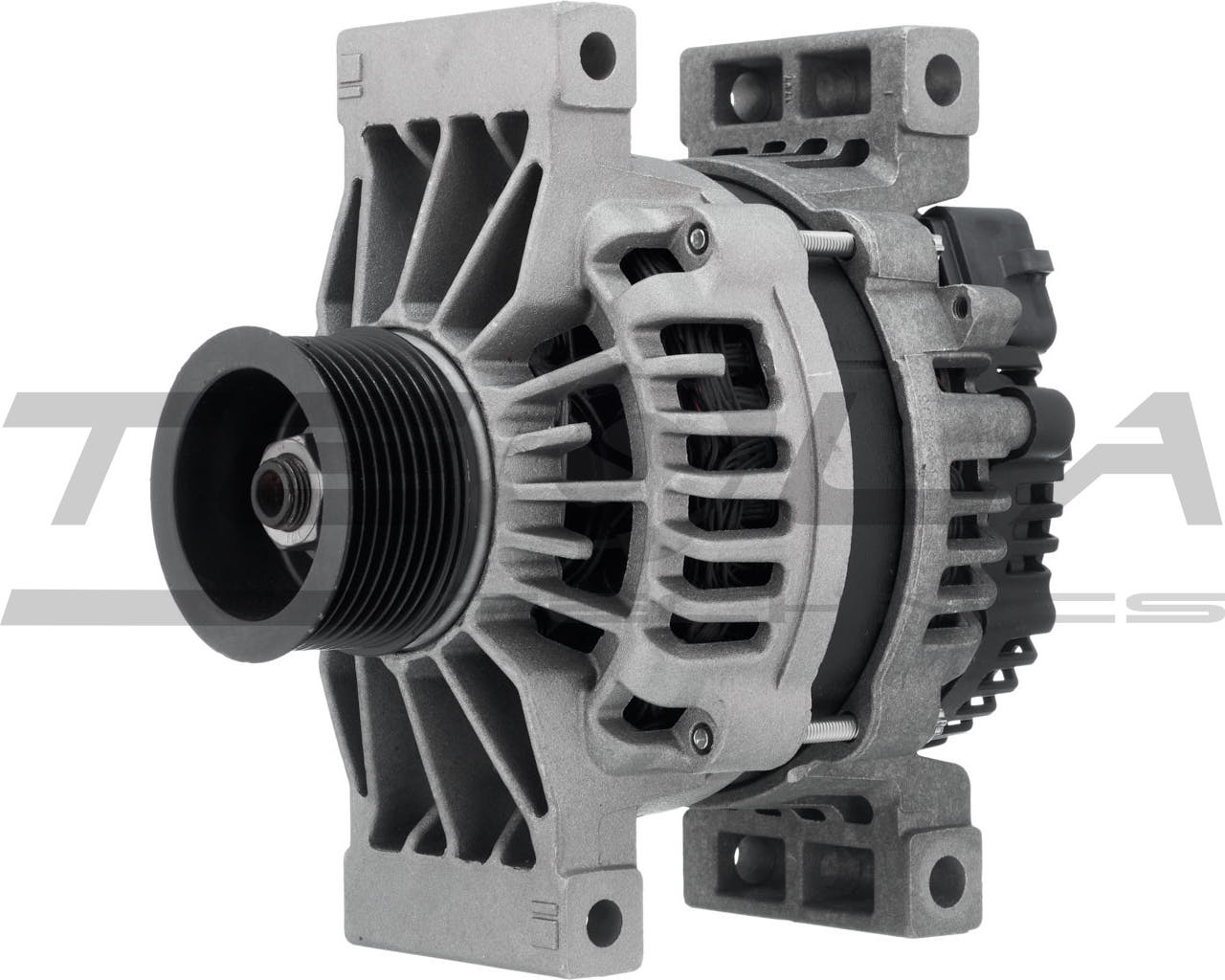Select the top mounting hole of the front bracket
click(600, 45)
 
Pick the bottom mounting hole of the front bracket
click(600, 935)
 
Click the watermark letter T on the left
click(105, 459)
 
